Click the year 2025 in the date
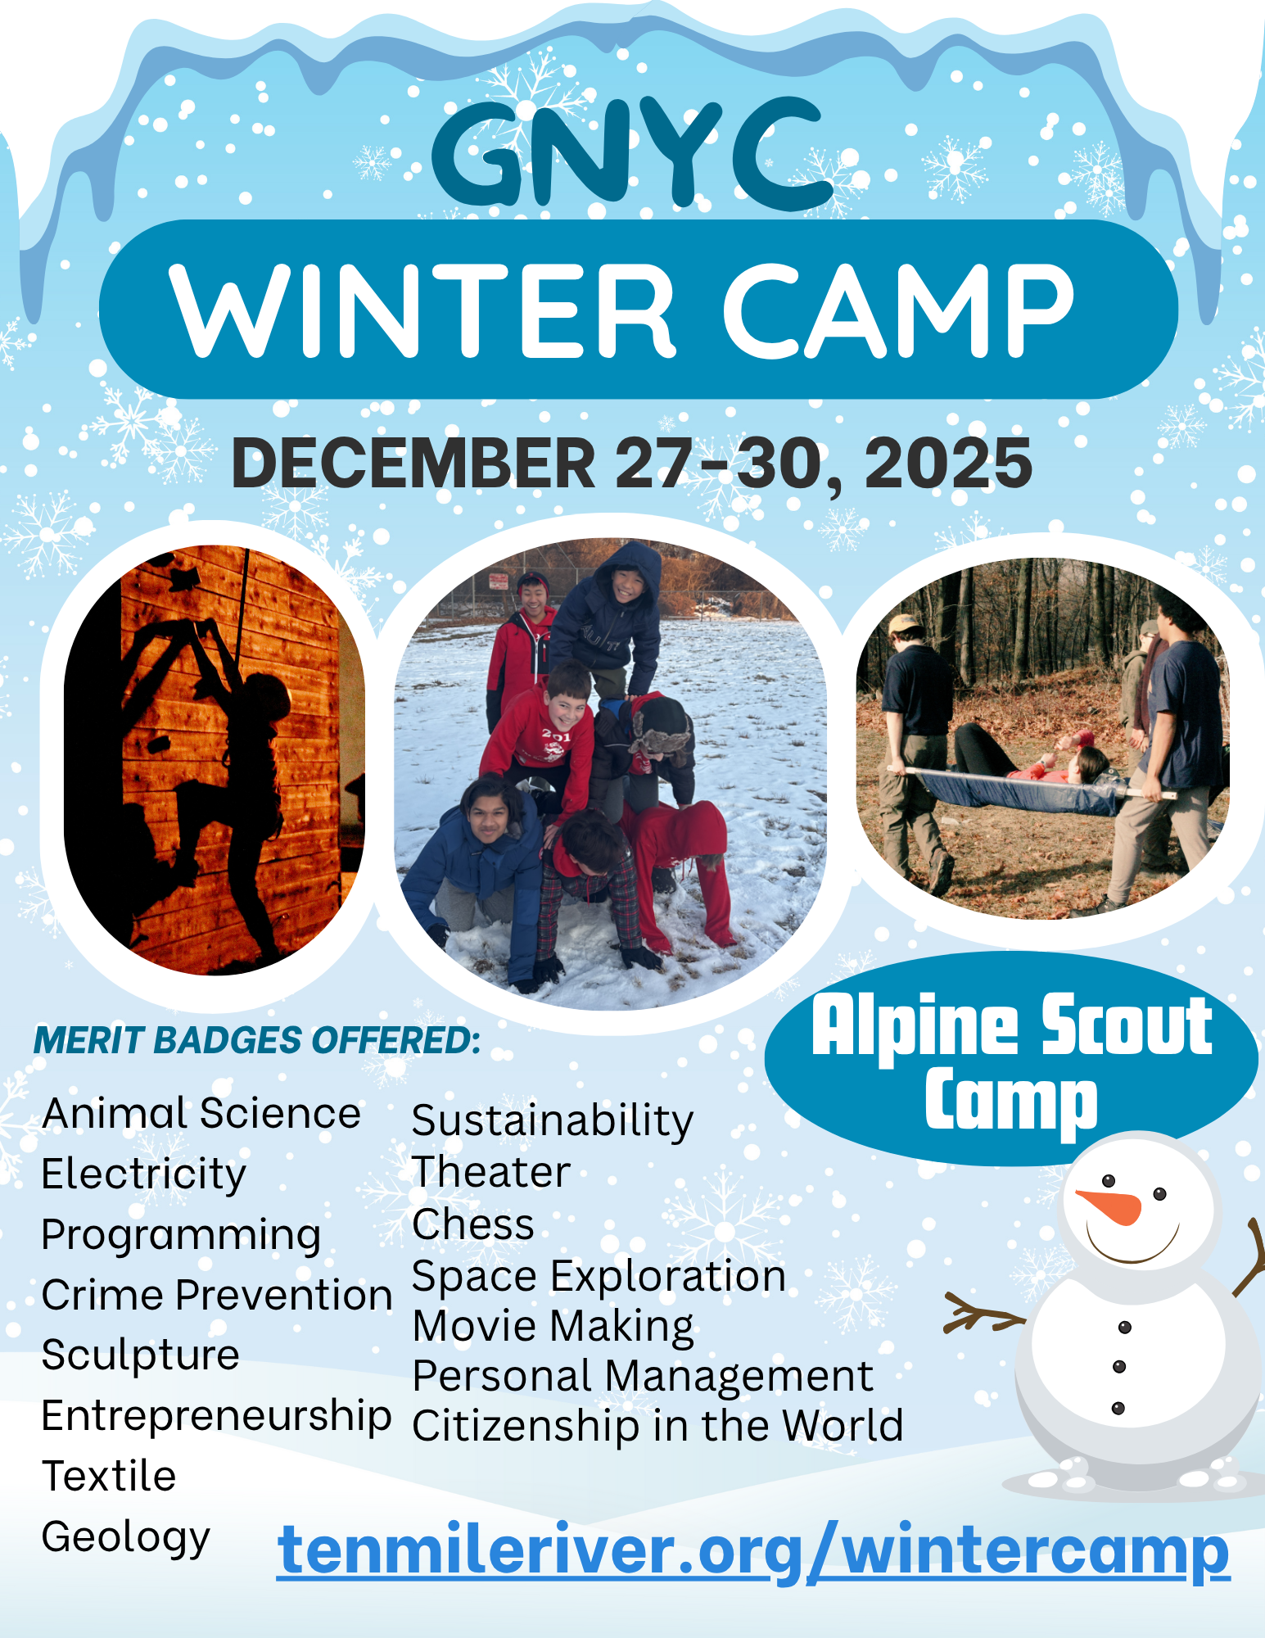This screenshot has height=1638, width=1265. tap(948, 463)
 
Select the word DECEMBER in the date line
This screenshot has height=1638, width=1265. tap(413, 463)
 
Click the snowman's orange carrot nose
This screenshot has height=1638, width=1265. tap(1109, 1206)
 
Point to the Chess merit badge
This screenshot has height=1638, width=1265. tap(473, 1224)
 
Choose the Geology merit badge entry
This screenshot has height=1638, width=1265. tap(126, 1538)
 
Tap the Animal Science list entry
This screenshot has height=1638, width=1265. tap(201, 1114)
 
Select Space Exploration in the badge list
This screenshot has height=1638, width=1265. tap(599, 1277)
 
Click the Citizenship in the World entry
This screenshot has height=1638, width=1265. tap(657, 1426)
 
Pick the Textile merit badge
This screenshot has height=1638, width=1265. tap(109, 1477)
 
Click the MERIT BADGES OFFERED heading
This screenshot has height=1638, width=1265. tap(257, 1041)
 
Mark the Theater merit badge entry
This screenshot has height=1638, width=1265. tap(491, 1172)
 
